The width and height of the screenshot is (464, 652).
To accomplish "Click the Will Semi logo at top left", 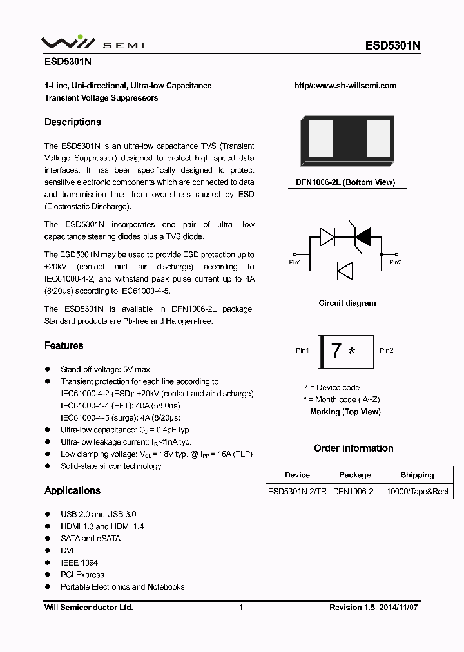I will coord(92,44).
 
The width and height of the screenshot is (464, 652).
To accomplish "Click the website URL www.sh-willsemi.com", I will coord(345,86).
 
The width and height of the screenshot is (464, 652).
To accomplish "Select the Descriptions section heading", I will coord(73,122).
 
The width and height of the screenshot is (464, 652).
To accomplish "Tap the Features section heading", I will coord(64,346).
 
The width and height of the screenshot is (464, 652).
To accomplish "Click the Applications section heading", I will coord(72,491).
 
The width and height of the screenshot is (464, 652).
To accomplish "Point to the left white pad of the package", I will coord(320,140).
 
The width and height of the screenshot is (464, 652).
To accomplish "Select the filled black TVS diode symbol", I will coord(362,237).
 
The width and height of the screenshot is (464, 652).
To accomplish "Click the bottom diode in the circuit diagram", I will coord(345,271).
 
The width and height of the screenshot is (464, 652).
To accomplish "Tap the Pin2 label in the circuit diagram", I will coord(394,262).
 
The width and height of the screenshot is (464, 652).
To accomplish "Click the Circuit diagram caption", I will coord(347,303).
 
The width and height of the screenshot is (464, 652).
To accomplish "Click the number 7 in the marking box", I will coord(336,351).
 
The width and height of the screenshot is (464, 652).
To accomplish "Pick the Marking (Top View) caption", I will coord(345,412).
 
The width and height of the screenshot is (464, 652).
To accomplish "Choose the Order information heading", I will coord(353,448).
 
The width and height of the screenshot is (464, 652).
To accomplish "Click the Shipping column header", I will coord(417,475).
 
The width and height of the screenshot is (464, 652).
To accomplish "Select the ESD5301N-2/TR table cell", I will coord(297,491).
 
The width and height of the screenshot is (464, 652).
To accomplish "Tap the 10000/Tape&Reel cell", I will coord(417,491).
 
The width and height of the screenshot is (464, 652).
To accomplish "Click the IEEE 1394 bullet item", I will coord(79,562).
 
